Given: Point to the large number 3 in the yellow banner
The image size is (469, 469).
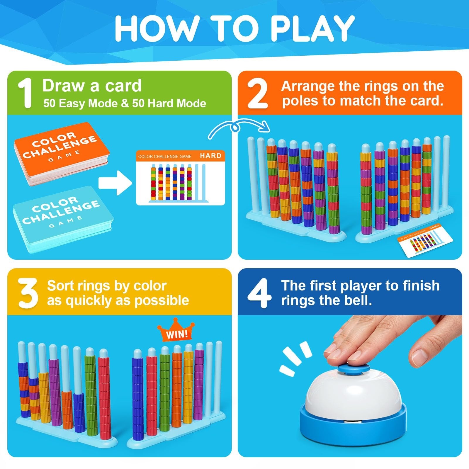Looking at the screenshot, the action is [x=28, y=293].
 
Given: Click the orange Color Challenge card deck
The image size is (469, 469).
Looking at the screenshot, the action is [x=62, y=154].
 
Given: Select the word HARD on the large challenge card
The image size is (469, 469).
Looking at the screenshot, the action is [x=210, y=156].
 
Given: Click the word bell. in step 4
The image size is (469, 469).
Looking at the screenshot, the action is [x=358, y=300].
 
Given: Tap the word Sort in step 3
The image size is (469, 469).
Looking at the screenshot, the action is [x=61, y=286].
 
